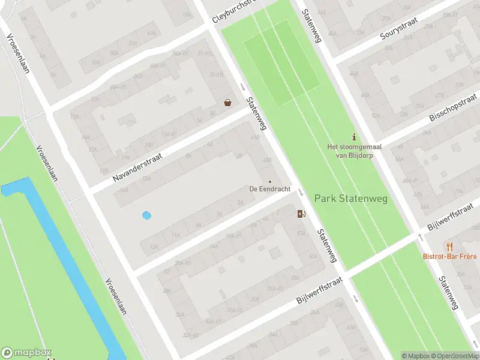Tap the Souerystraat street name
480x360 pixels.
[406, 28]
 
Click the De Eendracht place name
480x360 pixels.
[270, 188]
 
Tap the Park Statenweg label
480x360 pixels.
[351, 198]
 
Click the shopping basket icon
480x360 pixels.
[228, 103]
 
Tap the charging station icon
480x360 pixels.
[301, 213]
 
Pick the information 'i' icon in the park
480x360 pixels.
[354, 136]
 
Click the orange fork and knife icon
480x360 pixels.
[449, 246]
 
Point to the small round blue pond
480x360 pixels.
[146, 215]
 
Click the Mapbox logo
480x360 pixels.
[26, 353]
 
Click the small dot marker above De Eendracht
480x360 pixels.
[270, 181]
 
